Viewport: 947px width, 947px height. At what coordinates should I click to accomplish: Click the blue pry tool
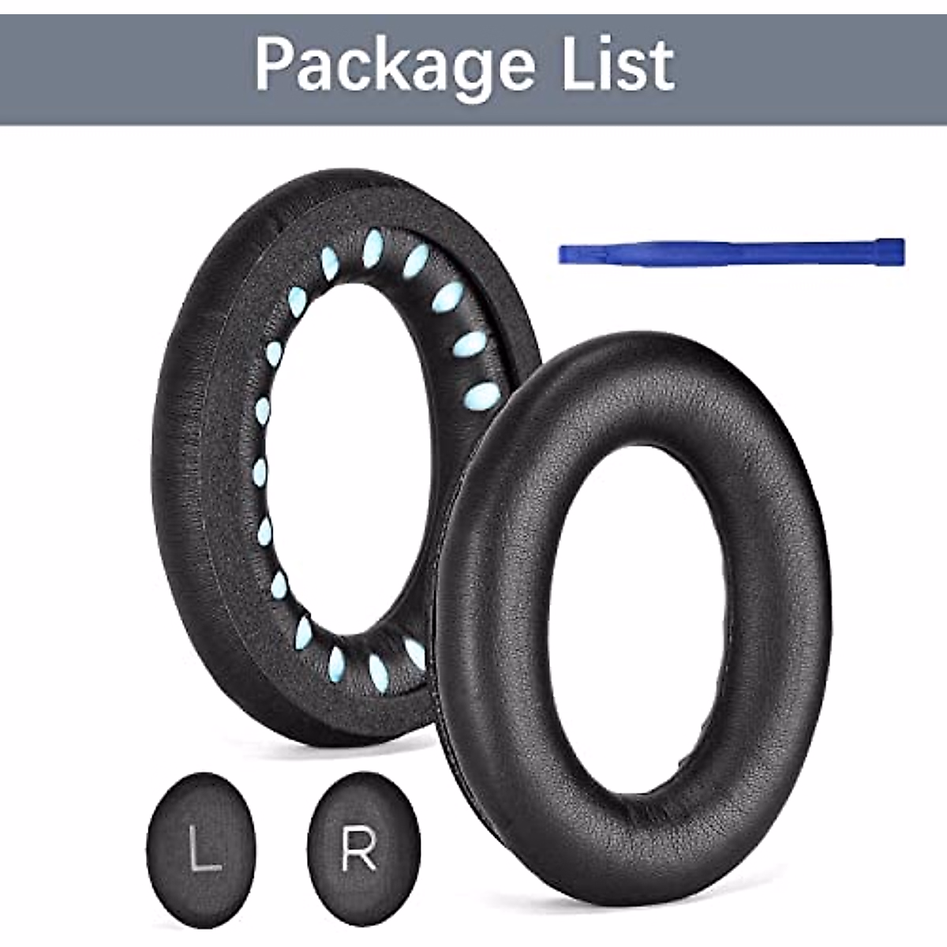click(730, 253)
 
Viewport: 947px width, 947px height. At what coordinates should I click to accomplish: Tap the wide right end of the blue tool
click(892, 251)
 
